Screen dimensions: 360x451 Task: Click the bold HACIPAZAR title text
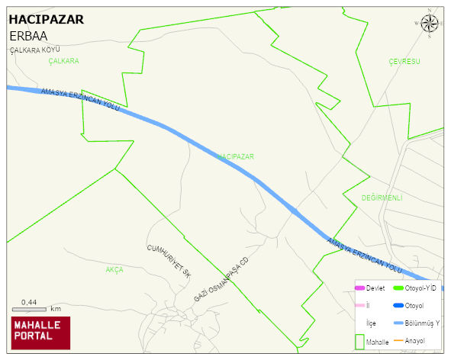pyautogui.click(x=47, y=21)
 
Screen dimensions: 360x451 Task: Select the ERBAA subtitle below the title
pyautogui.click(x=29, y=36)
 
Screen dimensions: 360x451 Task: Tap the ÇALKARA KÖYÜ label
pyautogui.click(x=34, y=50)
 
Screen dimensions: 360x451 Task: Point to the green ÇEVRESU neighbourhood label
pyautogui.click(x=404, y=61)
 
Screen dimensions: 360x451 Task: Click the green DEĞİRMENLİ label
pyautogui.click(x=382, y=198)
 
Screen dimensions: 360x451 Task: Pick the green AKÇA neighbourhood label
pyautogui.click(x=114, y=270)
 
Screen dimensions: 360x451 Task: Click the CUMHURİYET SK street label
pyautogui.click(x=168, y=260)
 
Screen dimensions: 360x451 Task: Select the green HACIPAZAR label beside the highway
pyautogui.click(x=236, y=156)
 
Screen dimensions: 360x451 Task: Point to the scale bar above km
pyautogui.click(x=30, y=310)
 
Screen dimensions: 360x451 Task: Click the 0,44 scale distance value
pyautogui.click(x=29, y=302)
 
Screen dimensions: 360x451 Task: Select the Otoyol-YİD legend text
pyautogui.click(x=421, y=288)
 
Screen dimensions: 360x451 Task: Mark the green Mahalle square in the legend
pyautogui.click(x=359, y=342)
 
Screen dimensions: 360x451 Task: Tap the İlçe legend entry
pyautogui.click(x=372, y=323)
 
